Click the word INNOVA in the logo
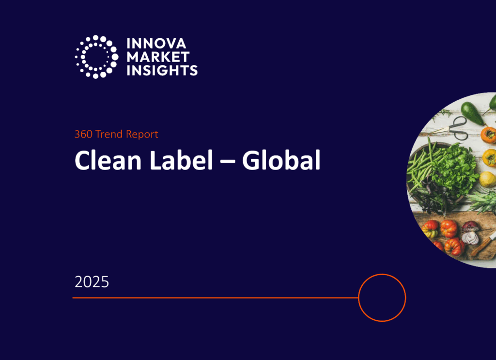click(x=156, y=43)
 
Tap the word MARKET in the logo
click(x=158, y=57)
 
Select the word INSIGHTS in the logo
click(x=162, y=70)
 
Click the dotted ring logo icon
click(x=96, y=57)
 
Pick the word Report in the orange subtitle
click(x=142, y=135)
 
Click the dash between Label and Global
click(x=228, y=161)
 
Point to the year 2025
click(x=92, y=282)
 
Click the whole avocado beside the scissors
click(x=472, y=113)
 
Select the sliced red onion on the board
click(x=471, y=234)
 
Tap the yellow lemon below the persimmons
click(x=487, y=179)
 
